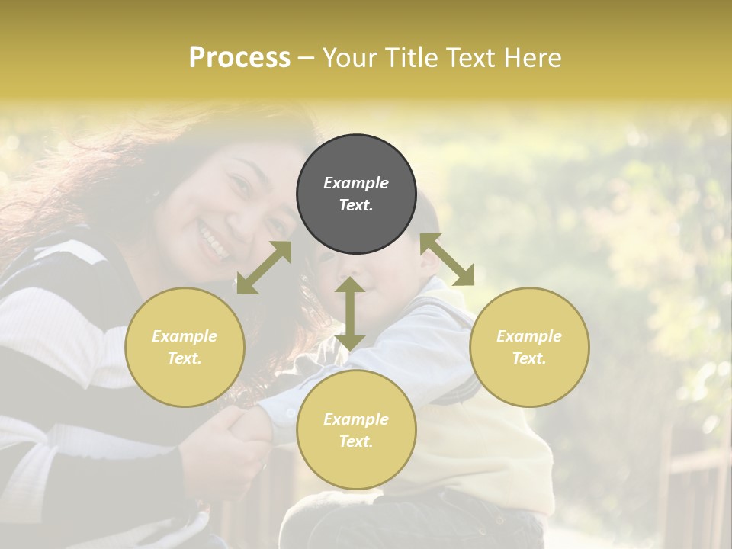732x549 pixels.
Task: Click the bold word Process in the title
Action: point(239,58)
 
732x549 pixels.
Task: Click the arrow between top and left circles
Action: point(264,268)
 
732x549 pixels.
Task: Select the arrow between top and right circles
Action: point(448,259)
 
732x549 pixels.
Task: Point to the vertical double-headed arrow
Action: point(350,313)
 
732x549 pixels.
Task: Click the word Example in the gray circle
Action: point(356,183)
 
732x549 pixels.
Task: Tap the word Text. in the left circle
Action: point(185,358)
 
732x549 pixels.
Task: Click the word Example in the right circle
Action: point(529,336)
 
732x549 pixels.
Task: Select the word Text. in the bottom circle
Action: point(356,441)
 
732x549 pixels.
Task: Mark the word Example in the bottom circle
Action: point(356,419)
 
